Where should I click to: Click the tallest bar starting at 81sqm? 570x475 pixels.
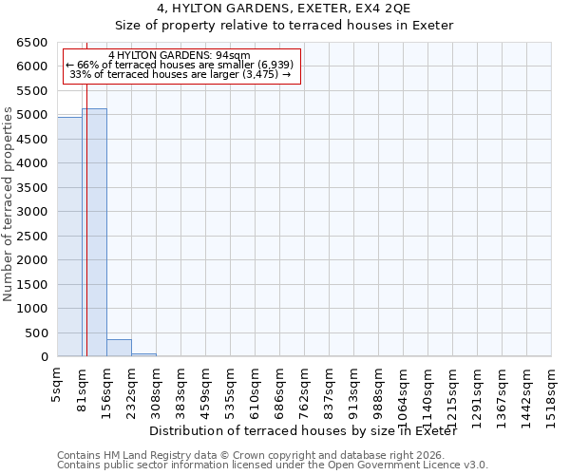(x=94, y=233)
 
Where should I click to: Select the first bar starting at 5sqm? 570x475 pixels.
(x=69, y=237)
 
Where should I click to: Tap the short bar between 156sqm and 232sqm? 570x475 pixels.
(x=119, y=348)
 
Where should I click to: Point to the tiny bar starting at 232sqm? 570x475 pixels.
(x=143, y=354)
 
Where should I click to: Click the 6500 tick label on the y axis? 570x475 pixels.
(x=31, y=43)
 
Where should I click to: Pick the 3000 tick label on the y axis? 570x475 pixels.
(x=31, y=212)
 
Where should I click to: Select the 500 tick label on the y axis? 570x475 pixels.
(x=35, y=332)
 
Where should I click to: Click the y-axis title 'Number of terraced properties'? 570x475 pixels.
(x=9, y=205)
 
